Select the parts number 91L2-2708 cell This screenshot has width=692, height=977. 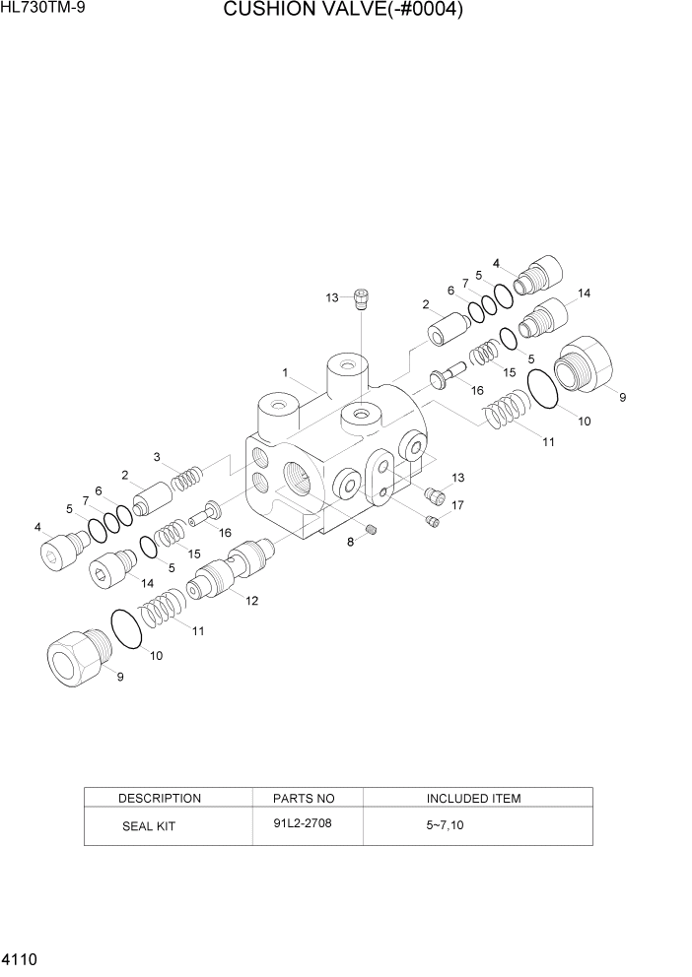click(303, 822)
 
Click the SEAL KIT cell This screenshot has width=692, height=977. click(148, 826)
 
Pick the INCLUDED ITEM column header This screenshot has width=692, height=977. click(473, 798)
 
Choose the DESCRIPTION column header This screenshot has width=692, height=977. click(159, 798)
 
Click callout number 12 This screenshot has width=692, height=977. click(252, 601)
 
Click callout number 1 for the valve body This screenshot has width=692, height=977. click(284, 373)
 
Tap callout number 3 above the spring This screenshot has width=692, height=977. click(157, 456)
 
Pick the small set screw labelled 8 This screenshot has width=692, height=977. click(372, 532)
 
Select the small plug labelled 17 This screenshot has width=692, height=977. click(432, 520)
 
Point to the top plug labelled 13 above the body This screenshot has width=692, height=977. click(362, 296)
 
